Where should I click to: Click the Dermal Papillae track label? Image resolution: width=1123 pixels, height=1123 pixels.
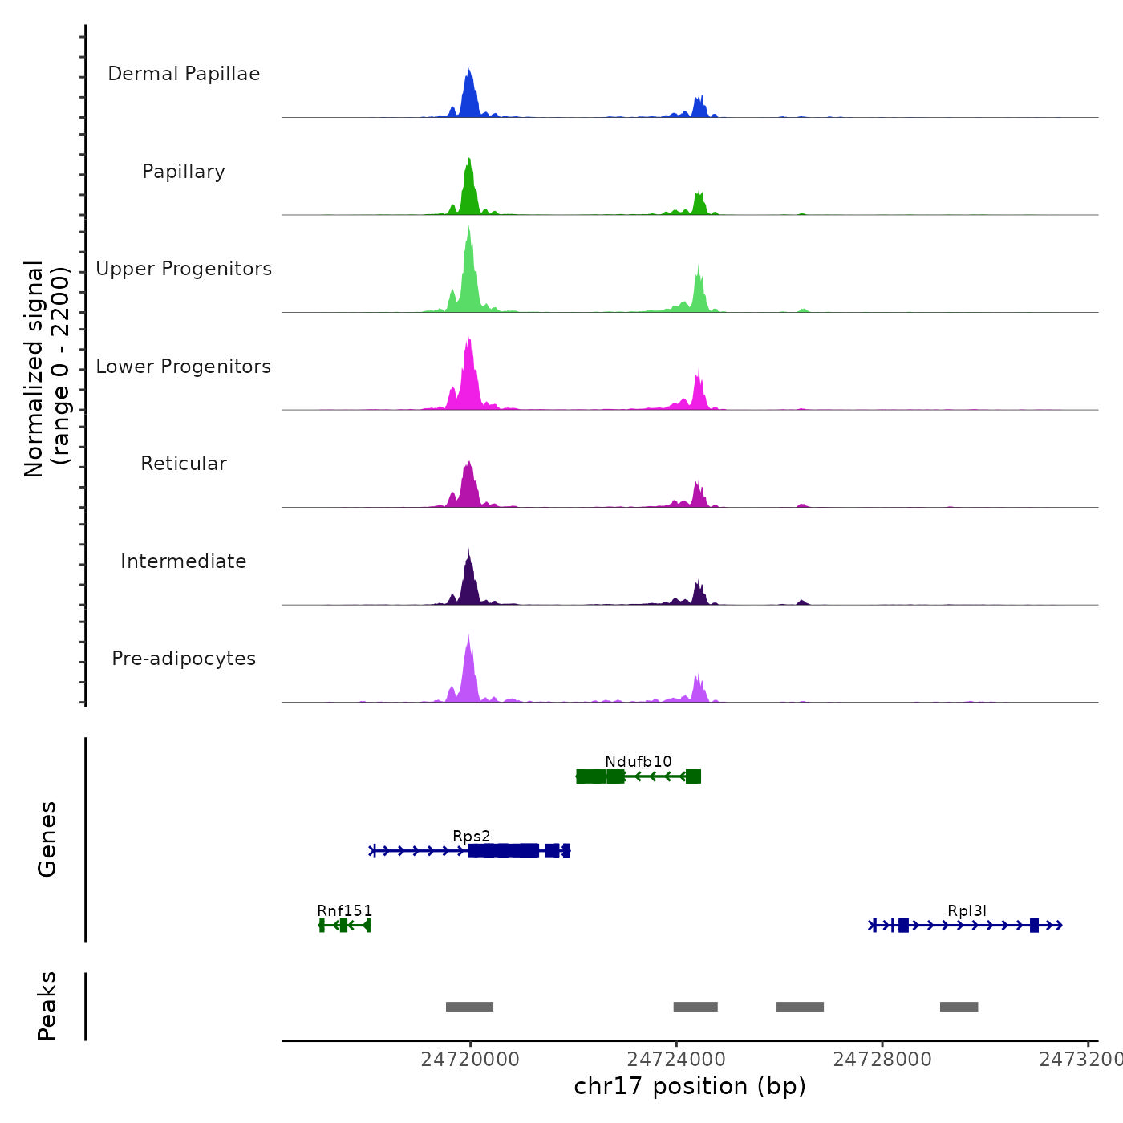tap(184, 74)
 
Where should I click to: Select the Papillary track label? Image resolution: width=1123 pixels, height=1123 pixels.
tap(184, 172)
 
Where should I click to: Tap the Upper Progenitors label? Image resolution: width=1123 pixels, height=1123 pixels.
tap(184, 269)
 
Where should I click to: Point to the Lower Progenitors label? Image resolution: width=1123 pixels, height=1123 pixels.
tap(184, 367)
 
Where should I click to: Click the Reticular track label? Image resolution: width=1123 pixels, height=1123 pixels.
tap(184, 464)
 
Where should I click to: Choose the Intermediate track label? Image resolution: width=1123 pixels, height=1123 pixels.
tap(184, 561)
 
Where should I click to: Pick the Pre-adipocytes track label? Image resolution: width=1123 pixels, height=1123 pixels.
tap(184, 659)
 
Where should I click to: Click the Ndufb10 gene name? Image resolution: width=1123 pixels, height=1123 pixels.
tap(639, 761)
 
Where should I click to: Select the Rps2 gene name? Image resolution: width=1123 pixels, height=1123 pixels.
tap(472, 837)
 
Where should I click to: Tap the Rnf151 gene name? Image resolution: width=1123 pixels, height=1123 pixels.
tap(345, 910)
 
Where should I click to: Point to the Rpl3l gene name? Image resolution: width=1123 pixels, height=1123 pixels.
tap(967, 910)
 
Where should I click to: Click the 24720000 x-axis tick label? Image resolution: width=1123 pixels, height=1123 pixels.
tap(470, 1060)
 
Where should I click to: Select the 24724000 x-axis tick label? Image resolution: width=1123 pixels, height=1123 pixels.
tap(676, 1060)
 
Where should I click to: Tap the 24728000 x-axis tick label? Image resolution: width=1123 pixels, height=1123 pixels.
tap(882, 1060)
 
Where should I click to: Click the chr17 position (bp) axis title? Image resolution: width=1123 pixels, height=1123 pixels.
tap(690, 1086)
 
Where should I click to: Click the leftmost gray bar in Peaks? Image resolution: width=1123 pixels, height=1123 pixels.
tap(469, 1007)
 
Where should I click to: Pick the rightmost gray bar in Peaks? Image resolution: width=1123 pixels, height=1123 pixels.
tap(959, 1007)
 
